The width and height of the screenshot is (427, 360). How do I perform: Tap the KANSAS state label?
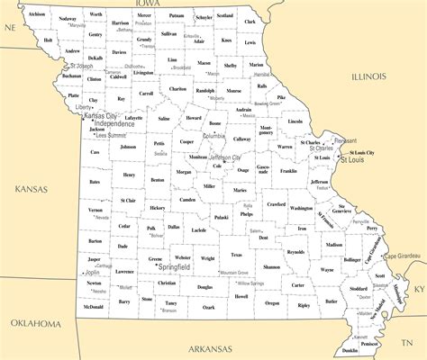tap(30, 189)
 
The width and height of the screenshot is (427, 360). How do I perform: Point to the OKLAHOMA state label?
tap(35, 322)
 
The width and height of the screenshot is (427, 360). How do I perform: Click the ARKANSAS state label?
tap(209, 348)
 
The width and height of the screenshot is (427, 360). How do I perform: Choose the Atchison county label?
tap(36, 15)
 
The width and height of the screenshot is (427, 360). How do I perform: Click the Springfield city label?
tap(173, 267)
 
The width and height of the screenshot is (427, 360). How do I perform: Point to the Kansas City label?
tap(100, 116)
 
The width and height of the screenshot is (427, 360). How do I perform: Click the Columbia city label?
tap(214, 136)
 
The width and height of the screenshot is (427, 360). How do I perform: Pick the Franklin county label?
tap(288, 170)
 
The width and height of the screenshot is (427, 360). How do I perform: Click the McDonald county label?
tap(93, 307)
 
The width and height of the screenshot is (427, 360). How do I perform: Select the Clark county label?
tap(250, 22)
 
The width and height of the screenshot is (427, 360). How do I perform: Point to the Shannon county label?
tap(272, 267)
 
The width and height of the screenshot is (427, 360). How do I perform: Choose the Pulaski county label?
tap(221, 217)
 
